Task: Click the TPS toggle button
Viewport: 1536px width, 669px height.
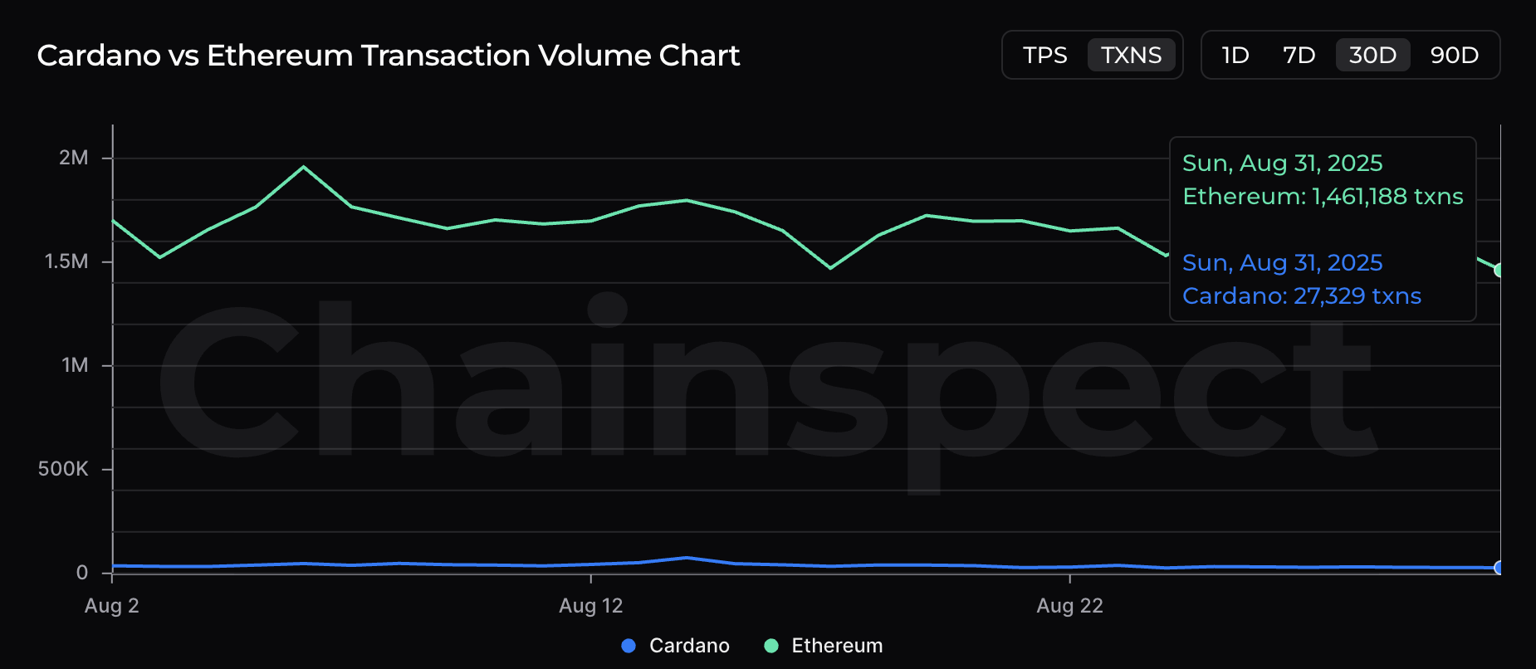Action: pos(1044,56)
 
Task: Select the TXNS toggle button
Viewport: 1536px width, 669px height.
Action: pos(1131,56)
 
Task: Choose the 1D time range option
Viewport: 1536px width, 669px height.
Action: pos(1235,56)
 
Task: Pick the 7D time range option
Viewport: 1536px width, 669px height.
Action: pos(1299,56)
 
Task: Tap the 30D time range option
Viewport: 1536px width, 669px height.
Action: pos(1372,56)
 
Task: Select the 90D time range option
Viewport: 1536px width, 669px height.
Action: pos(1454,56)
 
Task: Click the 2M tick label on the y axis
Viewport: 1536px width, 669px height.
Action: pos(73,158)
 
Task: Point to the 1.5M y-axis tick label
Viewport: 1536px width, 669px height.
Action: pos(66,261)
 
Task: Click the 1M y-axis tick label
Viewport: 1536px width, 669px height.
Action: pos(75,365)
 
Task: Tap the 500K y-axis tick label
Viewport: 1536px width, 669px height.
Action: pos(63,469)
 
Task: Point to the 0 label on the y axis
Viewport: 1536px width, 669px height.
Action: pos(82,573)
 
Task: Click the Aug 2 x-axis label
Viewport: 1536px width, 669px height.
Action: pos(112,606)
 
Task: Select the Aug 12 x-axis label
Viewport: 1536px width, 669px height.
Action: pos(590,606)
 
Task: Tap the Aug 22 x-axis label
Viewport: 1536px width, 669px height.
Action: pos(1069,606)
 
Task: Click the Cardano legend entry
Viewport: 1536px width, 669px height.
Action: pos(688,646)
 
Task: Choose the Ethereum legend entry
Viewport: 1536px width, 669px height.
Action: pos(836,646)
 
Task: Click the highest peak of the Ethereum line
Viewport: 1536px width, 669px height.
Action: pos(304,167)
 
